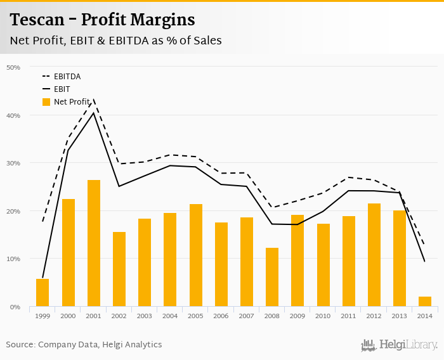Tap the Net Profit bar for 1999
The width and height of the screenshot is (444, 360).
(x=42, y=293)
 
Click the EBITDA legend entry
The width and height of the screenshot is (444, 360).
(x=67, y=77)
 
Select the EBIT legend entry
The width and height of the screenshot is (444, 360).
(x=62, y=89)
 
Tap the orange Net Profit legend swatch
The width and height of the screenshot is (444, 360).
(x=46, y=102)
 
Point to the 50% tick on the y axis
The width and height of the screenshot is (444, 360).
(x=14, y=67)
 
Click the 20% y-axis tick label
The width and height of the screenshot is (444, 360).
(x=14, y=211)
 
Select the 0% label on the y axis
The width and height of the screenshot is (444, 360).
(x=16, y=307)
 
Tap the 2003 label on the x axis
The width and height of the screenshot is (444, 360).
(x=145, y=316)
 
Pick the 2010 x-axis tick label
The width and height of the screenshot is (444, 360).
(x=323, y=316)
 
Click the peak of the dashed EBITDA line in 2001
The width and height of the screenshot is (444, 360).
(x=94, y=100)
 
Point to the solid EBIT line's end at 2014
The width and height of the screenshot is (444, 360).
(x=424, y=261)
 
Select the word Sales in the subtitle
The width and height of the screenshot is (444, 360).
(x=206, y=41)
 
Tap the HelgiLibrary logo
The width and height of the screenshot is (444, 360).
(x=399, y=345)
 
